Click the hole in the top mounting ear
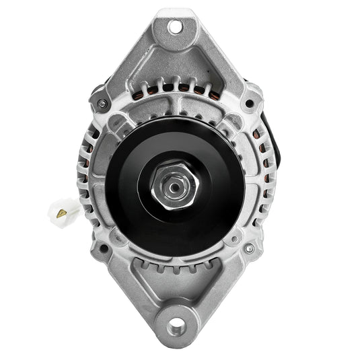[x=175, y=27]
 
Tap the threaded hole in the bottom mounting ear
[x=177, y=328]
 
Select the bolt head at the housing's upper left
[x=102, y=104]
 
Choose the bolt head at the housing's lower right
[x=249, y=249]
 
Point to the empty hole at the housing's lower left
[x=103, y=249]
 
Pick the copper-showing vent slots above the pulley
[x=176, y=87]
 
